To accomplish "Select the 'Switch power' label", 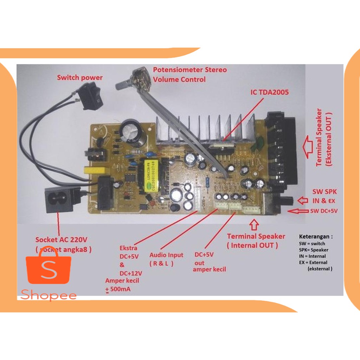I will pos(80,77).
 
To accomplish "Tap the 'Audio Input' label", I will pos(166,255).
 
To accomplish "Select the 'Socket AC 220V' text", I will pos(61,240).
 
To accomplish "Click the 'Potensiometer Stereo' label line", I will pos(190,70).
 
